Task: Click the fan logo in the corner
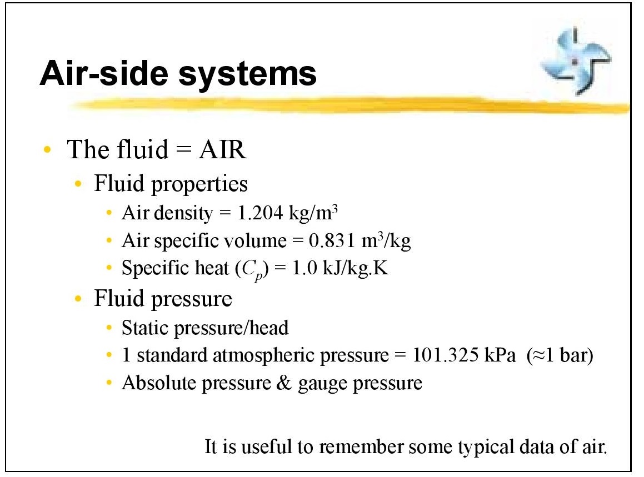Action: point(576,61)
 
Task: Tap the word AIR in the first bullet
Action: point(222,150)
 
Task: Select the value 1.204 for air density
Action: point(262,213)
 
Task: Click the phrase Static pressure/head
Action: point(205,328)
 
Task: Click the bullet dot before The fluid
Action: point(49,150)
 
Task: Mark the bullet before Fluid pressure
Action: point(80,299)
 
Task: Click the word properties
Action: point(199,184)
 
